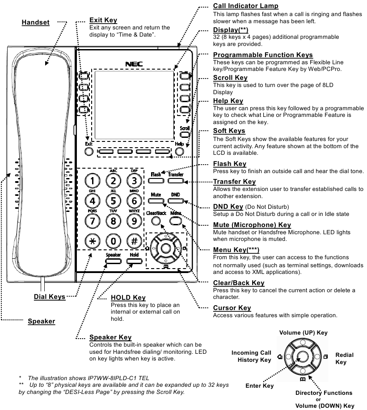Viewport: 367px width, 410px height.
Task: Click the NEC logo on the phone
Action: coord(133,64)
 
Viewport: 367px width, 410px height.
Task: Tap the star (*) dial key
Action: coord(92,240)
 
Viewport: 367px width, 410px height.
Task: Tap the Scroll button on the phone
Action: coord(185,134)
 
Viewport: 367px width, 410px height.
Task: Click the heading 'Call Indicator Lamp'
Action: coord(246,6)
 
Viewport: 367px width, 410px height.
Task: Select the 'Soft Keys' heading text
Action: coord(229,131)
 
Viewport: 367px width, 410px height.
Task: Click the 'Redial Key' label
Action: coord(344,358)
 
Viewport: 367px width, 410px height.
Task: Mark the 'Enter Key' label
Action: coord(259,385)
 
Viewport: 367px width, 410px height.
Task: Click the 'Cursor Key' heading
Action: coord(232,308)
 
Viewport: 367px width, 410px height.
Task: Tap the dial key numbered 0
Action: coord(114,240)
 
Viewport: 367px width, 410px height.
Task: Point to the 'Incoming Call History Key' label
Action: coord(251,356)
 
